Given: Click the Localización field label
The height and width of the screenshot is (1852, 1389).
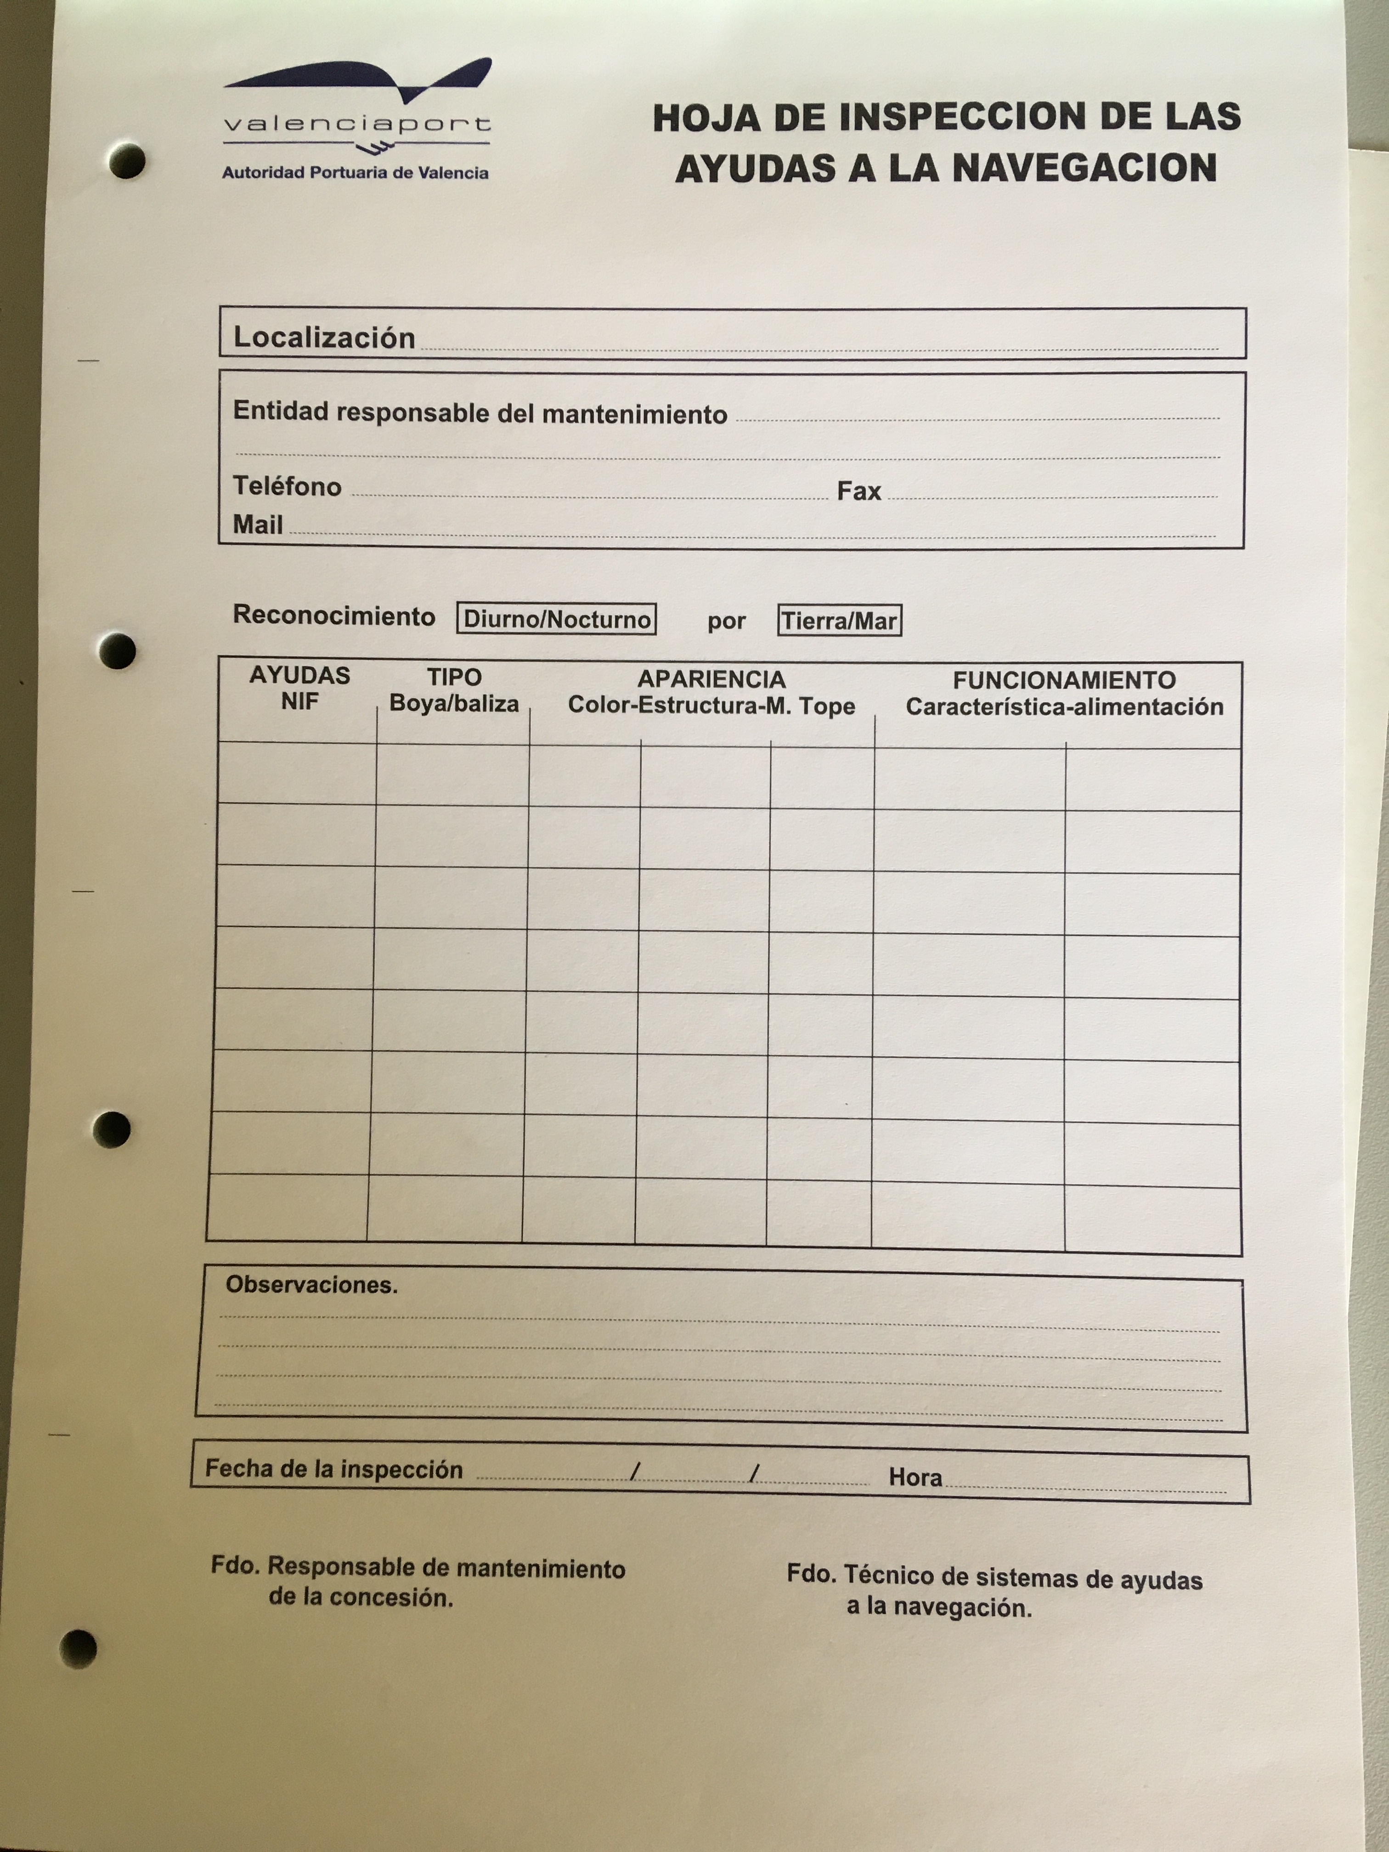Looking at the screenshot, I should point(324,338).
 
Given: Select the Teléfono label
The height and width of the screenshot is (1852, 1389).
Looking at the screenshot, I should point(287,486).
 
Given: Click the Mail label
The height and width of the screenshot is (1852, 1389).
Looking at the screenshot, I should point(258,525).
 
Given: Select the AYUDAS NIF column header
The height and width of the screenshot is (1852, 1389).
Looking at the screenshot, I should point(300,688).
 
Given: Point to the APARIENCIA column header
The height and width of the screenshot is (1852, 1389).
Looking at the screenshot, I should point(711,692).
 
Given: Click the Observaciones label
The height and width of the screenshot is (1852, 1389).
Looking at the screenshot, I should point(311,1285).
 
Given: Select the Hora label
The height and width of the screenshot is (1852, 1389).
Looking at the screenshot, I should point(915,1477).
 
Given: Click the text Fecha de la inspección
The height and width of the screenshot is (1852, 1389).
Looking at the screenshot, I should point(334,1469).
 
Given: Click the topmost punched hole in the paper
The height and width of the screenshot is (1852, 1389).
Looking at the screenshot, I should point(127,161).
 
